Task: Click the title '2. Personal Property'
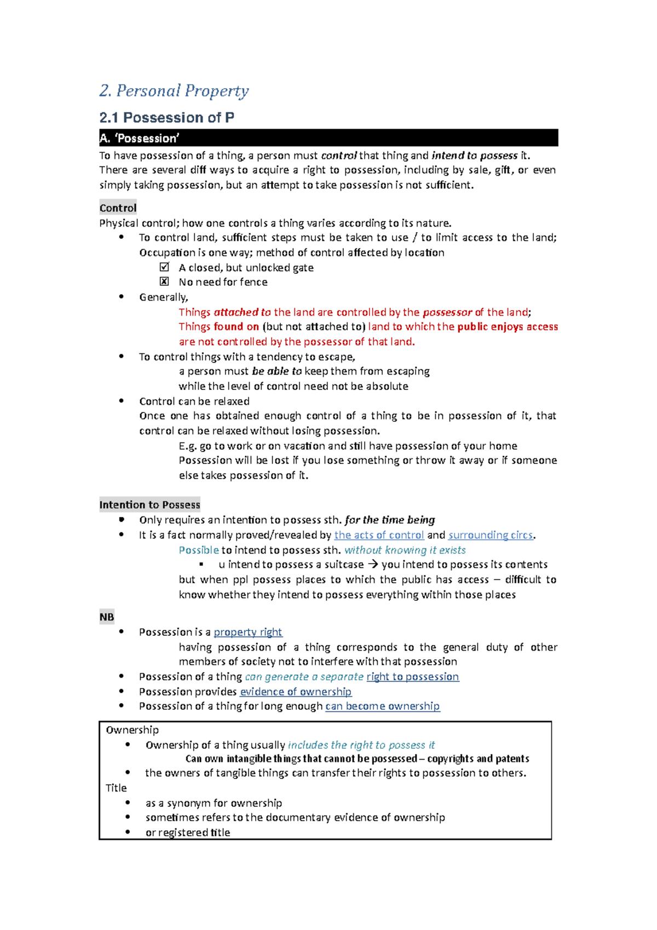(174, 91)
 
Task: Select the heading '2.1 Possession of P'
(166, 118)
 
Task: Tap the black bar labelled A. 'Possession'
(328, 138)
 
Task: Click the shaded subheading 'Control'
(118, 208)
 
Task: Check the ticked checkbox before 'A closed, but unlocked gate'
(164, 267)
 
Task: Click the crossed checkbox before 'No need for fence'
(164, 282)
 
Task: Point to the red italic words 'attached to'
(242, 312)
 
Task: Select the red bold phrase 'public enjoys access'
(508, 327)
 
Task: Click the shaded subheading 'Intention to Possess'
(149, 505)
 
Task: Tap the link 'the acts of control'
(379, 535)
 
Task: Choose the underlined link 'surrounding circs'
(490, 535)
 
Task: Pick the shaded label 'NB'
(107, 617)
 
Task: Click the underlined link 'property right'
(247, 632)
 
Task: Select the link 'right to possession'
(412, 677)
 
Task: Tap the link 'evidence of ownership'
(296, 692)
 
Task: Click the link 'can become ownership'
(382, 707)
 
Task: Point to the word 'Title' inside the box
(116, 788)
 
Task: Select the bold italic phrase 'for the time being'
(390, 520)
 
